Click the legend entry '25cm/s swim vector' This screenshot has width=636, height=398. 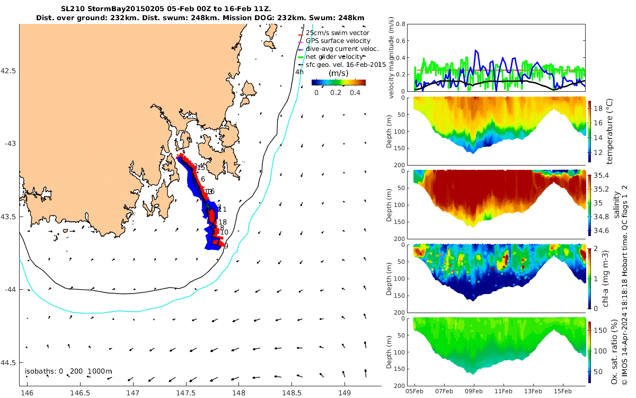tap(341, 33)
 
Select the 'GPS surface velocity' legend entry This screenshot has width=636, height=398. tap(341, 41)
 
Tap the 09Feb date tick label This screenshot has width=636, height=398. tap(473, 391)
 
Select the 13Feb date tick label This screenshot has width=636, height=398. tap(533, 391)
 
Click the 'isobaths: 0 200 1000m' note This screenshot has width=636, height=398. tap(68, 371)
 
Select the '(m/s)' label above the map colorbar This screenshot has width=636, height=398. tap(339, 73)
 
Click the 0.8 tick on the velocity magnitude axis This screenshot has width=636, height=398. tap(401, 24)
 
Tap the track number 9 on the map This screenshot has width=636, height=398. tap(226, 246)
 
